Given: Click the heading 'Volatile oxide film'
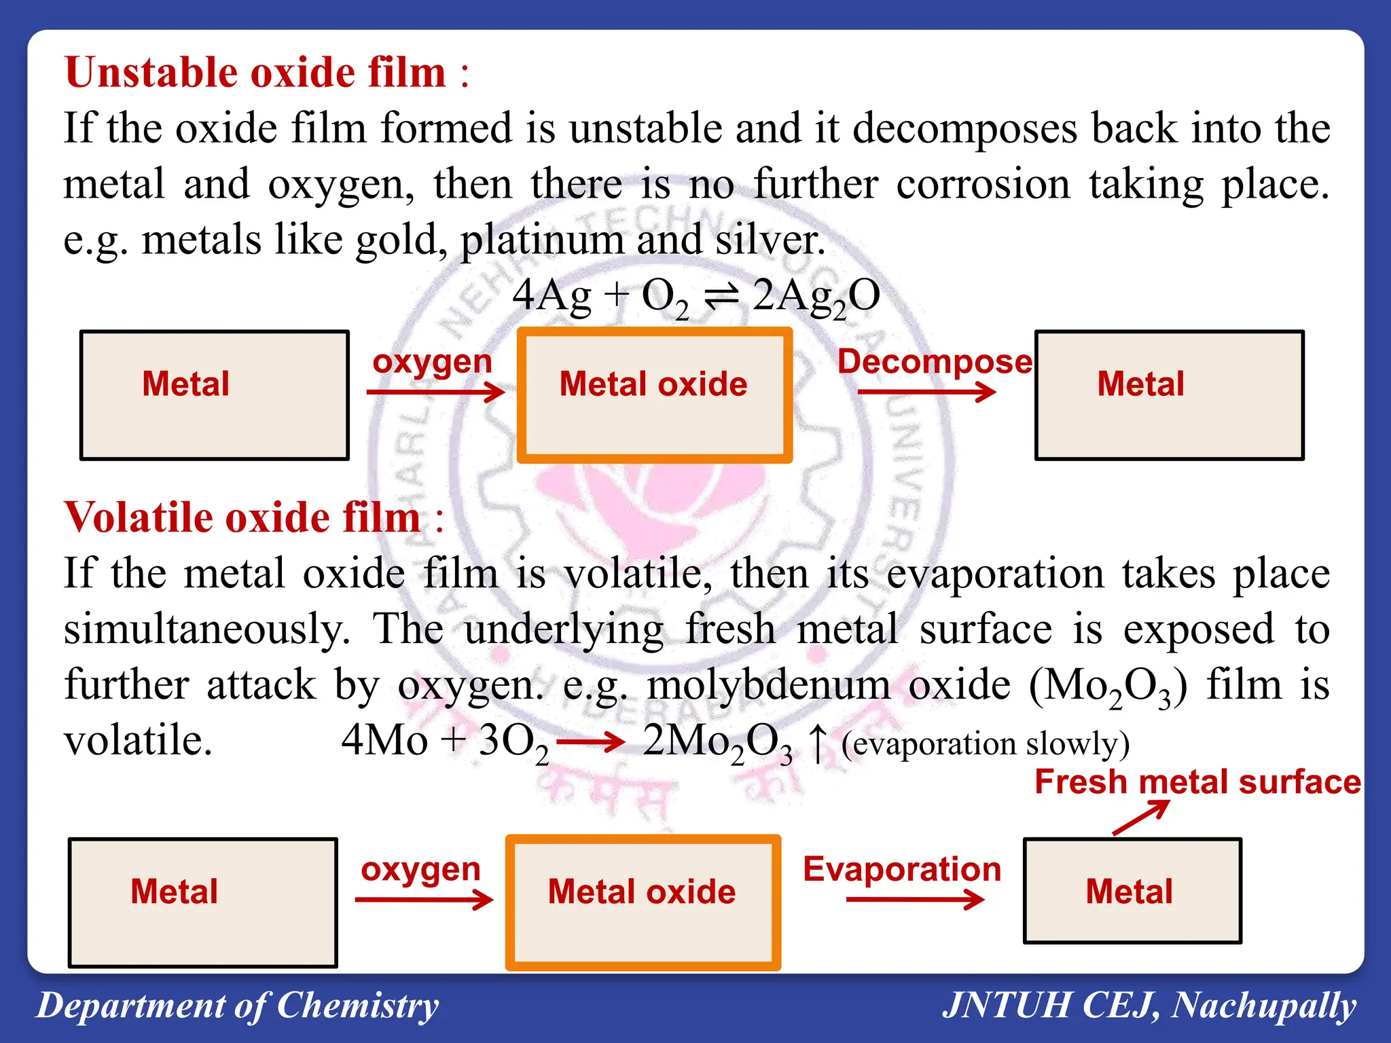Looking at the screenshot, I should [x=242, y=517].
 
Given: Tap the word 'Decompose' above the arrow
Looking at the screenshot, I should [x=935, y=361].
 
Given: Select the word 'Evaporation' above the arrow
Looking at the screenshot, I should [x=902, y=869].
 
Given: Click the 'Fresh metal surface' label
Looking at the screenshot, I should [x=1197, y=782].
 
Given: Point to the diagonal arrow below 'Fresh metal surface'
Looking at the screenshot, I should [x=1141, y=818].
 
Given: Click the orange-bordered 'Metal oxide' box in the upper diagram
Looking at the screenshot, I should [x=654, y=395].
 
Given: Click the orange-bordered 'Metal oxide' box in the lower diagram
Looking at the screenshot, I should [x=643, y=902].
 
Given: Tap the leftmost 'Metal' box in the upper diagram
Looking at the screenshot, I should [x=215, y=395].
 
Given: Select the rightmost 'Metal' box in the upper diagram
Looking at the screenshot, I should [x=1169, y=395].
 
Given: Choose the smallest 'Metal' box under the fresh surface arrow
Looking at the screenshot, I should [x=1132, y=891].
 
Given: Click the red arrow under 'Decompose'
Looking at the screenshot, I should [x=926, y=392].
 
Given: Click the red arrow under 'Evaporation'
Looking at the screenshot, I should [x=915, y=900].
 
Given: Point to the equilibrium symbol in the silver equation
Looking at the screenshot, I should [x=721, y=297].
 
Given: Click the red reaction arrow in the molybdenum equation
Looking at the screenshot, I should [x=590, y=742].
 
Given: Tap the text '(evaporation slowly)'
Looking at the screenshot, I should [x=985, y=744].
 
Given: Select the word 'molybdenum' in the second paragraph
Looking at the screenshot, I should [x=769, y=684].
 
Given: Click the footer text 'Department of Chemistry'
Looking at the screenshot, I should [x=238, y=1006].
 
